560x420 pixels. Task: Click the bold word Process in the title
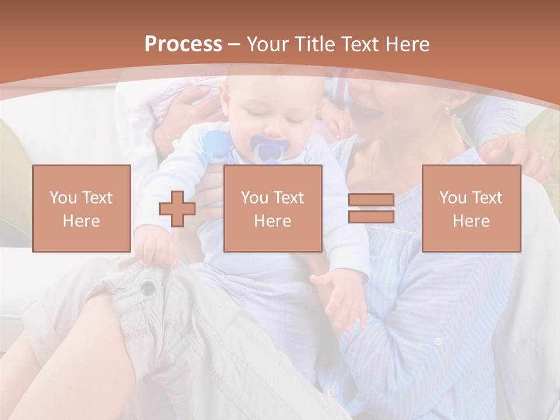[183, 44]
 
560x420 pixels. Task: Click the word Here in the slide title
[407, 44]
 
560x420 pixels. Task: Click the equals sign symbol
[371, 209]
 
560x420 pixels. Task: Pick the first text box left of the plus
[82, 208]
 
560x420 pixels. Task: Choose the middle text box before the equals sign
[273, 208]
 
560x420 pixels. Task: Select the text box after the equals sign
[471, 208]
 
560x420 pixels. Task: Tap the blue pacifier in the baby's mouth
[268, 149]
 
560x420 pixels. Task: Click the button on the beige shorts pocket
[149, 287]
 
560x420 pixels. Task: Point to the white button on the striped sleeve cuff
[437, 342]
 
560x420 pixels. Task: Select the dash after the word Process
[234, 44]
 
